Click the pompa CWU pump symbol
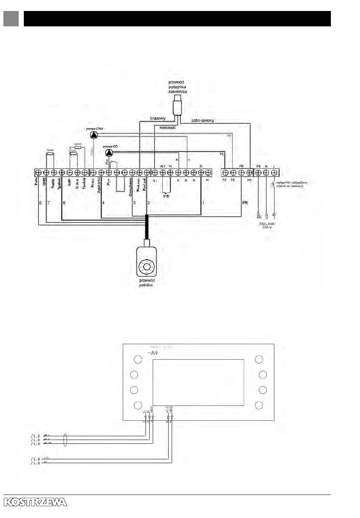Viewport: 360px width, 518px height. pyautogui.click(x=93, y=135)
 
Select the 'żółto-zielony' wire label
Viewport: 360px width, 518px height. pyautogui.click(x=202, y=121)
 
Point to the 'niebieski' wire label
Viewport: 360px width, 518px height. pyautogui.click(x=167, y=128)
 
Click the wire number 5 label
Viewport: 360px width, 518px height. pyautogui.click(x=41, y=203)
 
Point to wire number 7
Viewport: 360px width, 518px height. pyautogui.click(x=49, y=203)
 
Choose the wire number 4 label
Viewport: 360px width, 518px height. pyautogui.click(x=103, y=203)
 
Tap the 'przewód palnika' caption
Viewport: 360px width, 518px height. pyautogui.click(x=147, y=282)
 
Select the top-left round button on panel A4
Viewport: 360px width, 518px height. pyautogui.click(x=138, y=359)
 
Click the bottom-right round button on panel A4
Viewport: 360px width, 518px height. pyautogui.click(x=259, y=405)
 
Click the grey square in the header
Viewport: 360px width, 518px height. pyautogui.click(x=11, y=19)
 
